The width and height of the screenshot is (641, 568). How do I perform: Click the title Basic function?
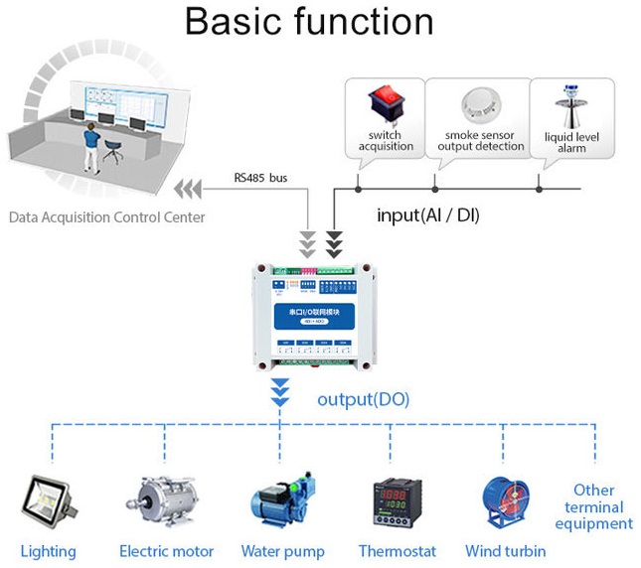[x=309, y=23]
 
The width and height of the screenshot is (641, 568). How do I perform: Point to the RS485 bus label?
[x=260, y=178]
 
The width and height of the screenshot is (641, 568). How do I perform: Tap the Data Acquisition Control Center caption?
[x=107, y=216]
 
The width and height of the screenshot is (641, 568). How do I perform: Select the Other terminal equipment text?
[x=594, y=507]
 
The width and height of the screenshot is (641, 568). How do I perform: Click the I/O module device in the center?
[x=310, y=315]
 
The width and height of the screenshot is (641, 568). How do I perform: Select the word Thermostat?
[x=397, y=551]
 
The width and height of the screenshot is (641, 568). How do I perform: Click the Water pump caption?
[x=281, y=551]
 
